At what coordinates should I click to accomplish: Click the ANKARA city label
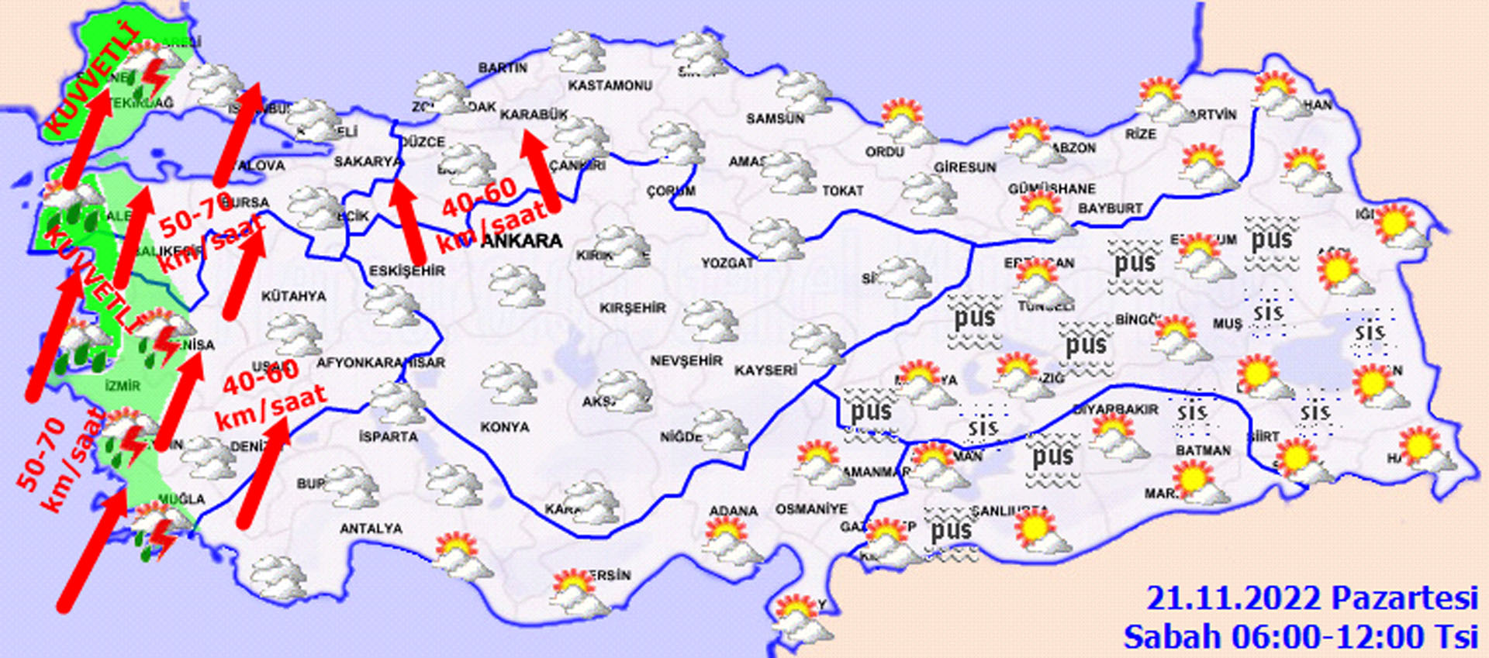click(521, 241)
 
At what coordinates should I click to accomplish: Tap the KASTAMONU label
click(610, 85)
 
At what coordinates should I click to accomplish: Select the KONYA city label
click(504, 427)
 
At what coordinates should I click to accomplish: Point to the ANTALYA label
click(371, 529)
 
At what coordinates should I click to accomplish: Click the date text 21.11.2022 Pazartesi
click(1311, 599)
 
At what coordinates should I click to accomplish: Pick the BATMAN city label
click(1203, 450)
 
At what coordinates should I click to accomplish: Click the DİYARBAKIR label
click(1115, 409)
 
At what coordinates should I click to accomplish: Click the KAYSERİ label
click(765, 370)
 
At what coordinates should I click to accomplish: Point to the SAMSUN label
click(775, 119)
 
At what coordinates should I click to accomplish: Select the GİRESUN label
click(965, 167)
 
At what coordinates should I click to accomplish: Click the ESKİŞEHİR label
click(406, 270)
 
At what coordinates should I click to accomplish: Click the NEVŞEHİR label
click(686, 361)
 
